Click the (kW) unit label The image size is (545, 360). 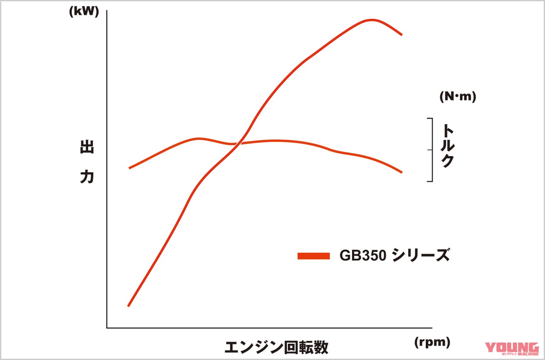[83, 12]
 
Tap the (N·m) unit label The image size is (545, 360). [458, 97]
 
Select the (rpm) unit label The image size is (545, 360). [432, 341]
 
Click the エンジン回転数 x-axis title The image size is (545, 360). [276, 347]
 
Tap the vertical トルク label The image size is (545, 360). [447, 146]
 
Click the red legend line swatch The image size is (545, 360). [314, 256]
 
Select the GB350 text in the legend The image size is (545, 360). [363, 256]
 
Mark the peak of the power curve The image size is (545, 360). [372, 20]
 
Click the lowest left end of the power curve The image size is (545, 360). [128, 306]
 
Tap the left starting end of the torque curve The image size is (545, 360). [129, 168]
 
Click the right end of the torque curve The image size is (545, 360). [402, 172]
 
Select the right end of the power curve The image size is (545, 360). [402, 34]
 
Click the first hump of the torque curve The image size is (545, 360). [198, 139]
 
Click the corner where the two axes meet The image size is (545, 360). [107, 328]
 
